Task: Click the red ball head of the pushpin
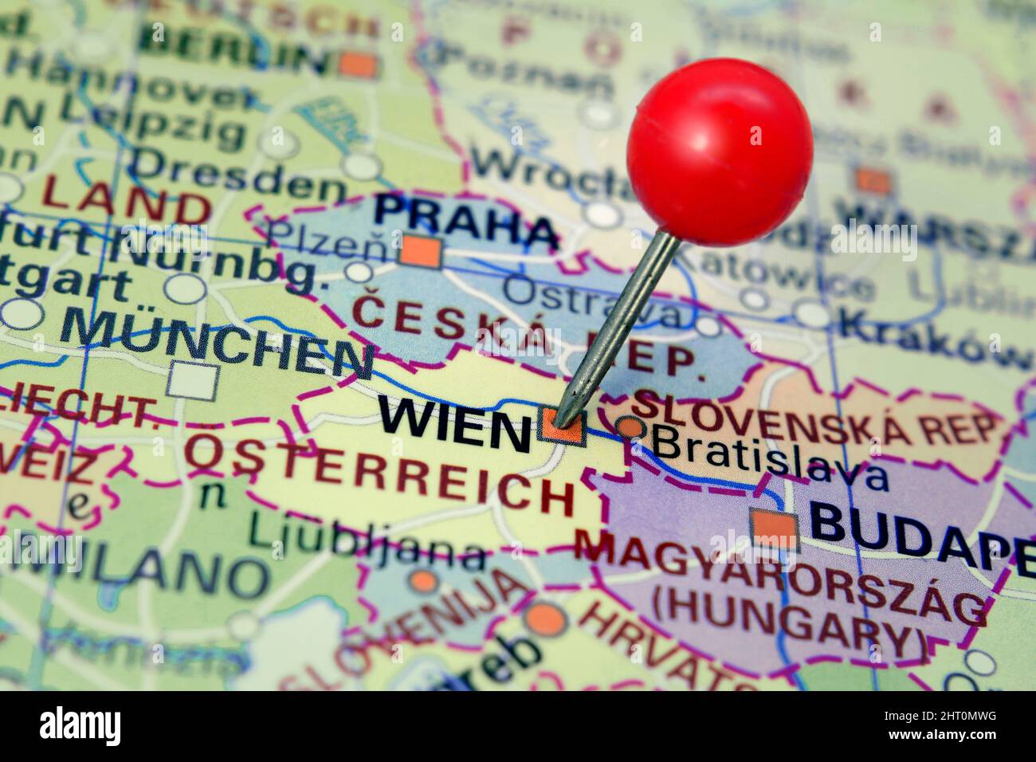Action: pyautogui.click(x=719, y=151)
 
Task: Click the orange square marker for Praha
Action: pyautogui.click(x=422, y=252)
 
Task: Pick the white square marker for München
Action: pyautogui.click(x=193, y=381)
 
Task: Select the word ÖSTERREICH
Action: pyautogui.click(x=380, y=475)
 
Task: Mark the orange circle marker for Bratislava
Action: pyautogui.click(x=632, y=427)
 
